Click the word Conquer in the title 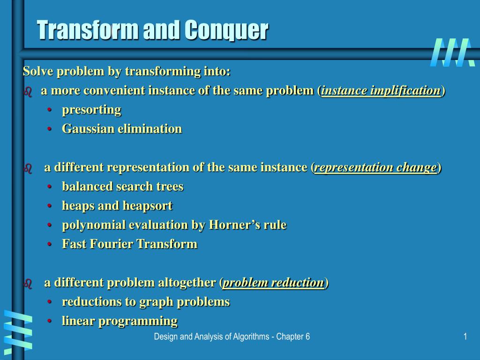225,30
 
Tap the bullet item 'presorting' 91,110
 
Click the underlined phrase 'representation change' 375,167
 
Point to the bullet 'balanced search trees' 122,187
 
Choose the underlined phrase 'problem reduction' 273,283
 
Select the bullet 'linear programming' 120,321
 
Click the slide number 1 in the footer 465,337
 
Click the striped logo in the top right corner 450,52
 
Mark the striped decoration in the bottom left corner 17,330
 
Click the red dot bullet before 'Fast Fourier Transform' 50,244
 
